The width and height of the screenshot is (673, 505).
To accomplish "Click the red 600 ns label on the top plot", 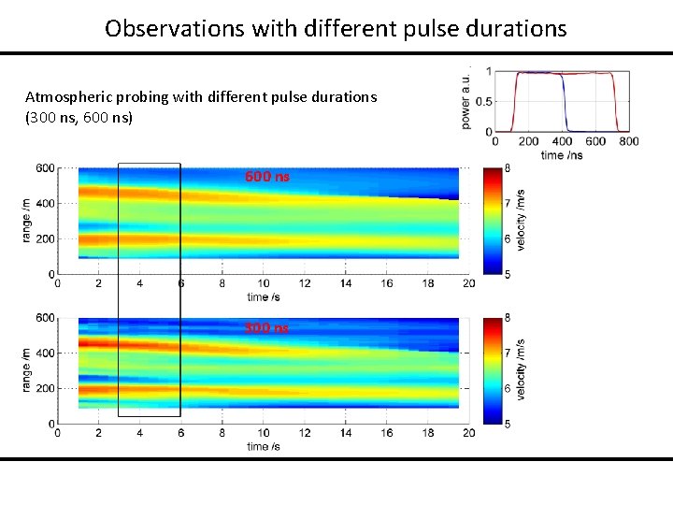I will (x=267, y=176).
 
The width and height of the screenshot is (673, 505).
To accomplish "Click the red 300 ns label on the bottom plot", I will (x=267, y=327).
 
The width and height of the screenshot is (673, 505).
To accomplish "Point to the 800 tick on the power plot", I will (x=629, y=141).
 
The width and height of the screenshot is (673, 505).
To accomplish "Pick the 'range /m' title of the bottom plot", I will (x=24, y=370).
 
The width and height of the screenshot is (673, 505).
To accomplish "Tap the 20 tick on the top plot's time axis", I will (x=468, y=283).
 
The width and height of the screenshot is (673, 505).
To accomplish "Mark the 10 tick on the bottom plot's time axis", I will (x=263, y=433).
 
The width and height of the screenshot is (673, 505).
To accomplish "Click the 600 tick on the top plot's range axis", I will (x=45, y=168).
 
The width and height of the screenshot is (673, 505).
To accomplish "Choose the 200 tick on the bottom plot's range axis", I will (x=45, y=388).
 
